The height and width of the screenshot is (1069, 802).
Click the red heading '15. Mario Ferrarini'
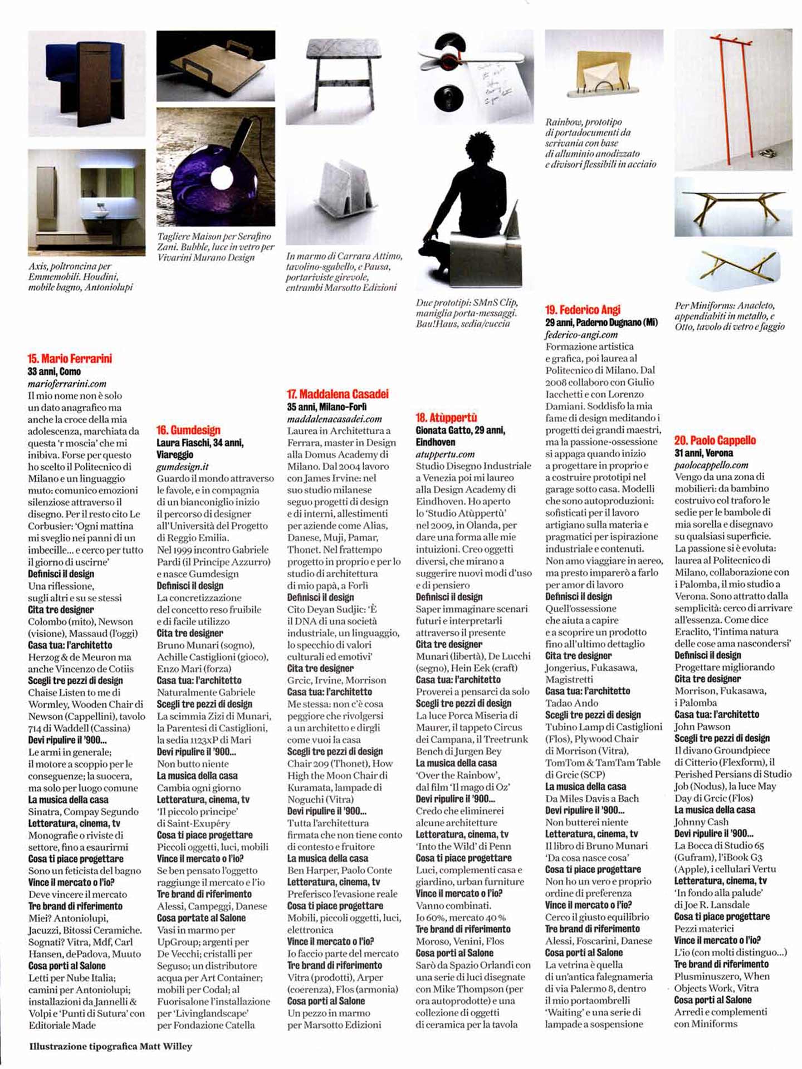coord(70,359)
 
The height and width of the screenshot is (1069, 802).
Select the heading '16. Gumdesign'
coord(188,430)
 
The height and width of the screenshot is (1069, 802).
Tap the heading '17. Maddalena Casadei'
coord(338,394)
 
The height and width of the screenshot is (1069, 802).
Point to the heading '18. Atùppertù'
coord(446,418)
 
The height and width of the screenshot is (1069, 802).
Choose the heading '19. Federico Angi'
coord(583,310)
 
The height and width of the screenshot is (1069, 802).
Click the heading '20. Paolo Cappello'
coord(715,440)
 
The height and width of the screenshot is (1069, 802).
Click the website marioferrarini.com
coord(67,384)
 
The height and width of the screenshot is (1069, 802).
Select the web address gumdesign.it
coord(182,467)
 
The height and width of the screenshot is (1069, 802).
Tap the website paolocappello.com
coord(711,465)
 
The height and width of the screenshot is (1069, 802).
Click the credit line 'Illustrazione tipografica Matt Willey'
coord(110,1046)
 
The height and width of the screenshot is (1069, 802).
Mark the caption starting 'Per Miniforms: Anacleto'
coord(729,316)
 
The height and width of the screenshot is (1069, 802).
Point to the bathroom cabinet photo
coord(86,202)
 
